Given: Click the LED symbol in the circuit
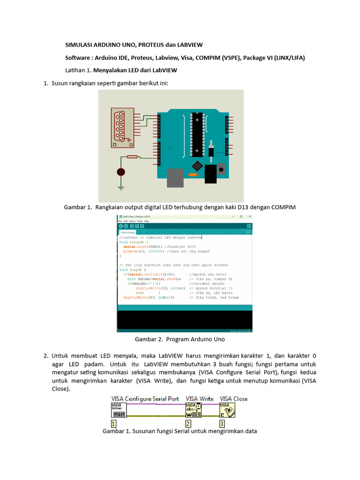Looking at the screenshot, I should [x=121, y=172].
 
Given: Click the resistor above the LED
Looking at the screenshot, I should [x=132, y=157].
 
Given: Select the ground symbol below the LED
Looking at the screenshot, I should [x=121, y=188].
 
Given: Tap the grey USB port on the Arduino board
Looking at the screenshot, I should [x=175, y=178].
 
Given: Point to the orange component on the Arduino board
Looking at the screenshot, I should [x=192, y=174].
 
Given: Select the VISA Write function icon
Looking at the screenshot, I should [x=194, y=410].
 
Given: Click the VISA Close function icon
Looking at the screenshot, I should [x=227, y=410].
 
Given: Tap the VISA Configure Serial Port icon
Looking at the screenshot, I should [x=119, y=410].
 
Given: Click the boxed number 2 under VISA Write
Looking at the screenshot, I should [x=188, y=423].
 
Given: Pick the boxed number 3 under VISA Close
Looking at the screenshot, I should [x=222, y=423].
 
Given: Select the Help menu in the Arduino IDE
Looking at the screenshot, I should [x=146, y=221].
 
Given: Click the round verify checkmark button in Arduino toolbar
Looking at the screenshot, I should [x=120, y=226].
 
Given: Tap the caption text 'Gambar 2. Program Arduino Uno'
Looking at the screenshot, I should [x=180, y=339].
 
